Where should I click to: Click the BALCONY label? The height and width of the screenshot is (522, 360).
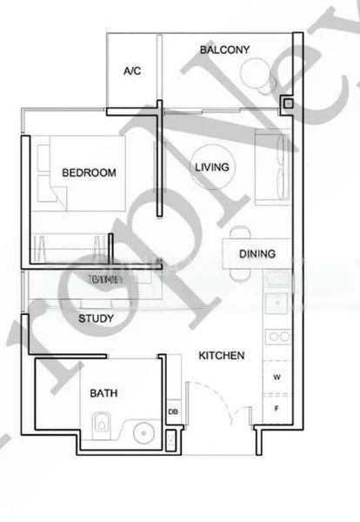coord(224,50)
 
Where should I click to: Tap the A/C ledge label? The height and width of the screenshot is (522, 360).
coord(132,70)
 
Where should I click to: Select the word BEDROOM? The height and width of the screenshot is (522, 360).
coord(89,172)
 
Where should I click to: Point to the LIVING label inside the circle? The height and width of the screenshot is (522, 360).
coord(211,167)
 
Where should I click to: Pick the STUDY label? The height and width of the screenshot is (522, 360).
coord(96,319)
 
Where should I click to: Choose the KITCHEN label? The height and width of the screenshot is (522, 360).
coord(221,355)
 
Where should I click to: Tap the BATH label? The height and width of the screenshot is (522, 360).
coord(103,393)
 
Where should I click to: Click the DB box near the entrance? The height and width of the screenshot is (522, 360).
coord(172,412)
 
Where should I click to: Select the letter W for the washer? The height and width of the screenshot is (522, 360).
coord(277,377)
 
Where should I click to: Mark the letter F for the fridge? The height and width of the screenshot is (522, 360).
coord(277,406)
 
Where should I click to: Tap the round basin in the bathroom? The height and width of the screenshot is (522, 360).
coord(143,430)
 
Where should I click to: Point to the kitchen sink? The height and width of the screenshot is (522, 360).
coord(279,302)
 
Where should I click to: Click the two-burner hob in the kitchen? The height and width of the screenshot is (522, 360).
coord(279,335)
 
